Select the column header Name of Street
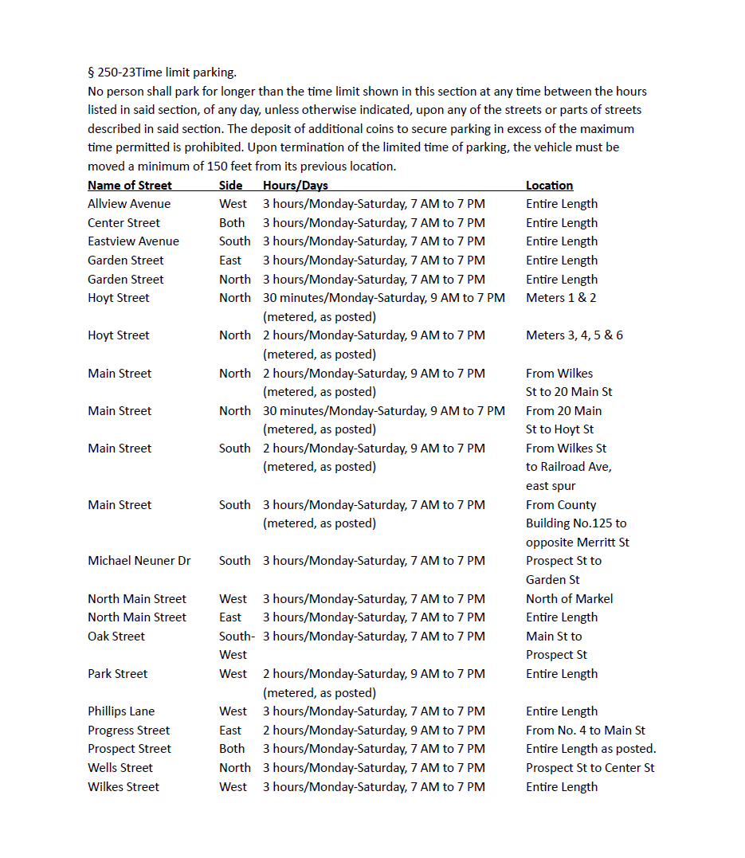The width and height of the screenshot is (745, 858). click(x=130, y=186)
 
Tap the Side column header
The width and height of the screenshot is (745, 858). click(x=231, y=186)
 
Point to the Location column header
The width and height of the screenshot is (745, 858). click(x=549, y=186)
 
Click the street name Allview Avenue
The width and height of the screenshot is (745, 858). click(x=129, y=204)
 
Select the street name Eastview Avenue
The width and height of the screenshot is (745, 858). click(x=133, y=241)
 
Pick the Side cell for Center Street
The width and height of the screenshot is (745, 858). click(x=232, y=223)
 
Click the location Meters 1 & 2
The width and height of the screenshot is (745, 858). click(x=561, y=298)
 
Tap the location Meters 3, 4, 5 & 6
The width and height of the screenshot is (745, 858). click(x=574, y=335)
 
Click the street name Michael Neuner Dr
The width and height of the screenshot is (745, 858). click(x=139, y=561)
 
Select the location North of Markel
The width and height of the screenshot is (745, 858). click(x=570, y=599)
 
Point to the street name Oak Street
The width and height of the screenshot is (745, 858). click(x=116, y=637)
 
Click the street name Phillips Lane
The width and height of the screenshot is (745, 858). click(x=121, y=711)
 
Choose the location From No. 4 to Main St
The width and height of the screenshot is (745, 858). click(x=586, y=731)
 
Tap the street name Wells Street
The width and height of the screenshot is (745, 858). click(x=120, y=768)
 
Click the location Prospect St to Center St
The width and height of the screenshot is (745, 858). click(x=590, y=768)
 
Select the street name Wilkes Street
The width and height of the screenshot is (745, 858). click(x=124, y=787)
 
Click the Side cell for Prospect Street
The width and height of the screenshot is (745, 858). click(x=232, y=749)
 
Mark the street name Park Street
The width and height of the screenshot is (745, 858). click(x=118, y=674)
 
